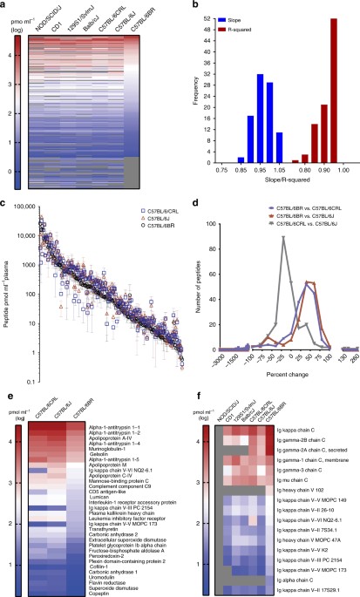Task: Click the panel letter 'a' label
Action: [x=4, y=6]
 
